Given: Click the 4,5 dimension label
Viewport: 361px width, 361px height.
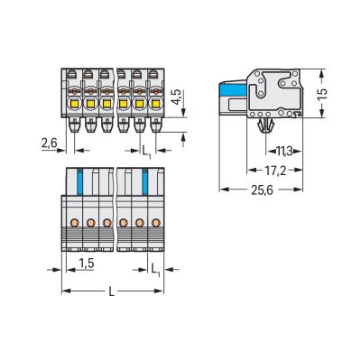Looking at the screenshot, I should pyautogui.click(x=176, y=97).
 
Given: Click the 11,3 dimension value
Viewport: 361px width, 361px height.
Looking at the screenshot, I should pyautogui.click(x=283, y=152).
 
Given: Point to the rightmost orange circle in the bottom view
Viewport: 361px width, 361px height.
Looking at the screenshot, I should pyautogui.click(x=157, y=222).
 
